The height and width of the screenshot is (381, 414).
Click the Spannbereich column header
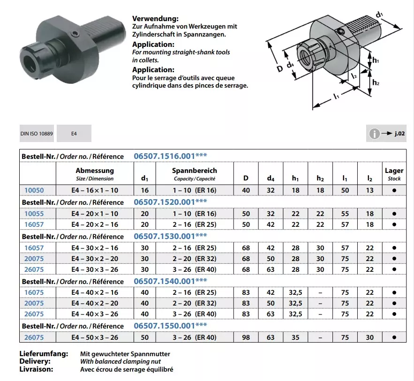195,174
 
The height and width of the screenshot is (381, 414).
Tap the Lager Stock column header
394,174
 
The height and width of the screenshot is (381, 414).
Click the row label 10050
34,190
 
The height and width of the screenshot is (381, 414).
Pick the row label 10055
34,213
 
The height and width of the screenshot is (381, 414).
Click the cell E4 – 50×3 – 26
95,337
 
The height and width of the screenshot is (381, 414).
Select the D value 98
246,337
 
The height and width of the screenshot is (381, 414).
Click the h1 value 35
295,337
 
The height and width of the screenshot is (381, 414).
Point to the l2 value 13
370,190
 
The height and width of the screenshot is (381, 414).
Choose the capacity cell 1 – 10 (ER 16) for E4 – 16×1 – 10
195,190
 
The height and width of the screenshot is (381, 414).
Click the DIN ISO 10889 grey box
37,134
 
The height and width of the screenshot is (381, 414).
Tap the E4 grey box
74,134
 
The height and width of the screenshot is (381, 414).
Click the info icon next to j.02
374,134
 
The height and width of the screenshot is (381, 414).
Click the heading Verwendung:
155,19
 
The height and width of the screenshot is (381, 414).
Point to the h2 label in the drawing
376,82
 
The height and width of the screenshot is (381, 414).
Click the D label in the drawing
279,68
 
